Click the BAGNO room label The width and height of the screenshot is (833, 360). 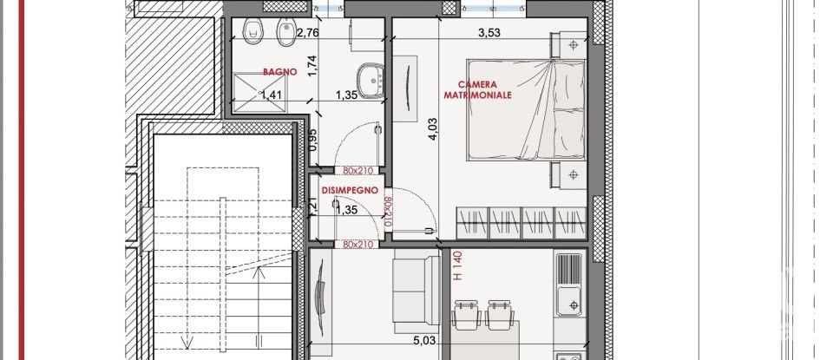click(x=280, y=73)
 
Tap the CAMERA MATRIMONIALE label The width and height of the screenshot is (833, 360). click(x=477, y=89)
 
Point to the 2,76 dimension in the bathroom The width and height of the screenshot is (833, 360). click(x=308, y=34)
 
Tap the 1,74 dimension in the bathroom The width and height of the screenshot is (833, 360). click(x=337, y=66)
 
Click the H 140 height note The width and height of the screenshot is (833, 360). click(x=458, y=266)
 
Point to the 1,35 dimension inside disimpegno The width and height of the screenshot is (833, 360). click(x=346, y=209)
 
